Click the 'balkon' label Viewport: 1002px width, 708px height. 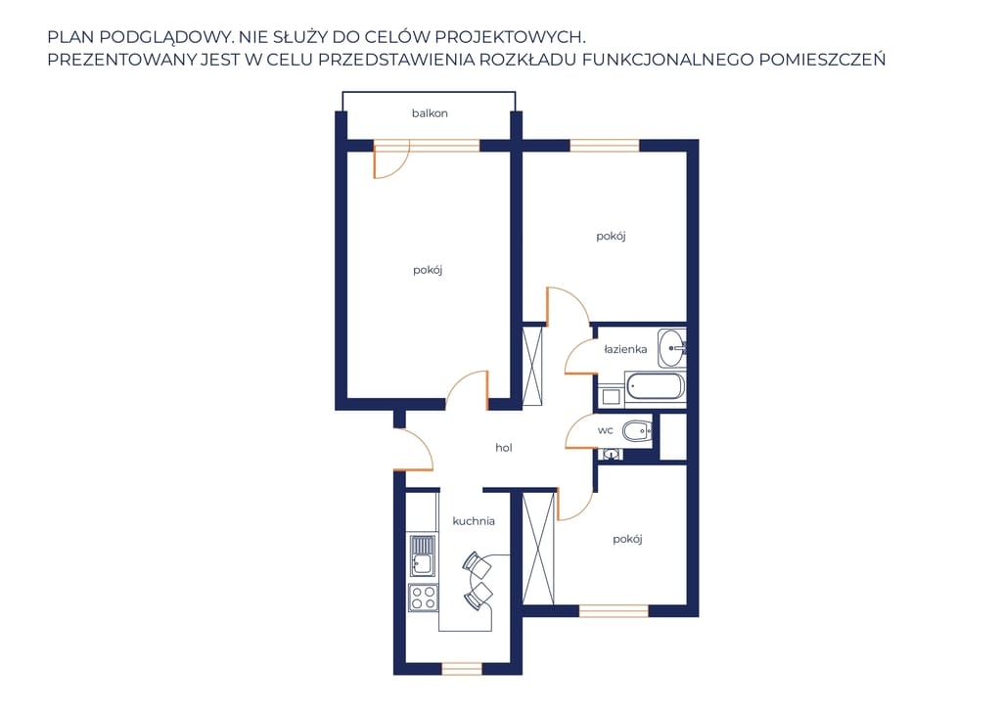click(430, 113)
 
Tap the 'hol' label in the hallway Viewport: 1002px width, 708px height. click(504, 448)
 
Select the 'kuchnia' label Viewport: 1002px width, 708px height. click(474, 521)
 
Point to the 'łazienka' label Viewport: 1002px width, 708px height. click(625, 349)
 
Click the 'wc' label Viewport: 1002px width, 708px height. click(605, 430)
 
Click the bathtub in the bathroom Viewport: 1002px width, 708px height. click(655, 386)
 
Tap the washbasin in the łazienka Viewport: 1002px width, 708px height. click(671, 348)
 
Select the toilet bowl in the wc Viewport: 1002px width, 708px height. click(636, 432)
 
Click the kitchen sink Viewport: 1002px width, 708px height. click(423, 556)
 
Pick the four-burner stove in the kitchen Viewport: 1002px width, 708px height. click(423, 598)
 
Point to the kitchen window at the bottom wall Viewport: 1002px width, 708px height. click(462, 669)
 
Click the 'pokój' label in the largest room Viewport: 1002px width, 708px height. click(428, 270)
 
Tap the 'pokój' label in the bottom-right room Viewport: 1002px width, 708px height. click(627, 540)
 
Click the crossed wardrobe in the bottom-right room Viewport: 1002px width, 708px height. click(538, 549)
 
